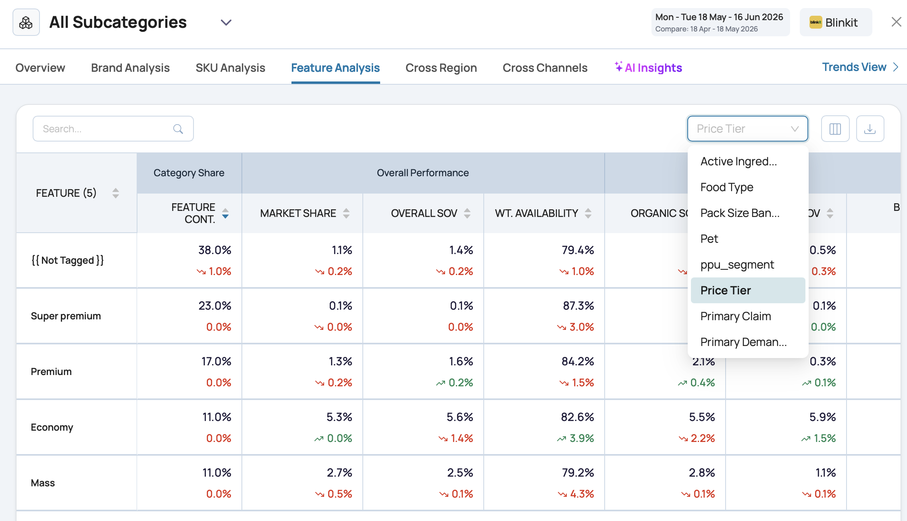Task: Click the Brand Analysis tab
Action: point(130,68)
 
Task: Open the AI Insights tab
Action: point(648,67)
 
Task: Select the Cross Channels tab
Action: point(545,68)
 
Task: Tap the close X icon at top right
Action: point(896,22)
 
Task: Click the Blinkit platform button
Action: point(836,22)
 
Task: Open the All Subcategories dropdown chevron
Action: point(226,23)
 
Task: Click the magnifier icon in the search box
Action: point(178,129)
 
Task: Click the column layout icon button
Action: point(835,129)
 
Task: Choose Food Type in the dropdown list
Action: point(727,187)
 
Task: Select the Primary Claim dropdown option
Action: point(736,316)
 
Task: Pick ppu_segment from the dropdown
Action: point(737,265)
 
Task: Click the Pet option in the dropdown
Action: point(709,239)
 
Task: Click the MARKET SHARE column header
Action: point(298,213)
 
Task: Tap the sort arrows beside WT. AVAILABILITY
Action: point(588,213)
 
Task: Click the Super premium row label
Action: point(66,316)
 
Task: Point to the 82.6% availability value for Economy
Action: point(577,417)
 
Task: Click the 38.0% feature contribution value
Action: point(214,250)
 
